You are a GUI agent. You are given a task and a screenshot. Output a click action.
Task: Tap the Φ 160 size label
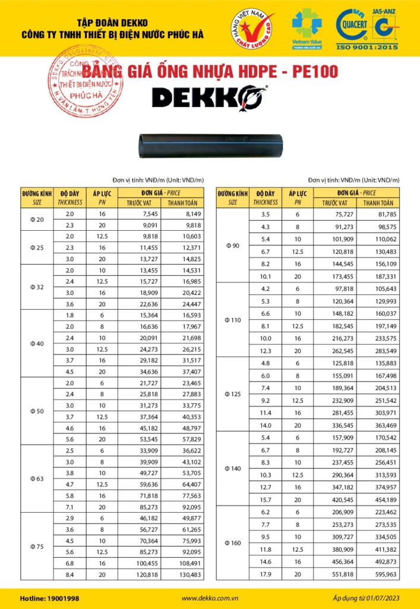point(233,543)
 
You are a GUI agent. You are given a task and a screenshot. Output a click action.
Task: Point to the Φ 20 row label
point(37,219)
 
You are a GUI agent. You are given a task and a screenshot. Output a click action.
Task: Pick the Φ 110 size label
point(233,320)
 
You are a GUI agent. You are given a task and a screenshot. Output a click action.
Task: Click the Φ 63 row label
point(37,478)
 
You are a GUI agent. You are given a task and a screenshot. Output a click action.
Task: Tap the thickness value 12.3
point(266,350)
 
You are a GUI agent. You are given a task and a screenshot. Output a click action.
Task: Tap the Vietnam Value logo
point(307,27)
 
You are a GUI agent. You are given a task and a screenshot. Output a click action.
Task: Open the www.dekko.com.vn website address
point(209,598)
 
